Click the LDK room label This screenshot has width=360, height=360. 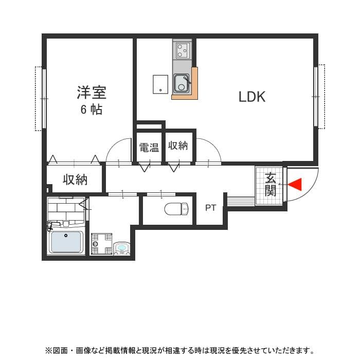252,97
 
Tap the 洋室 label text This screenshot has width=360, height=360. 92,93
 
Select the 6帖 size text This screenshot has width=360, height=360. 91,110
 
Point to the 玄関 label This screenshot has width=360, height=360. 271,185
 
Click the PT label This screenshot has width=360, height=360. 210,208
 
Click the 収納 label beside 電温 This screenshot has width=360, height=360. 178,146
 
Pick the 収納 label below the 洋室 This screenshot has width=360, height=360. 75,180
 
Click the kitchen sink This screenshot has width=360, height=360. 182,83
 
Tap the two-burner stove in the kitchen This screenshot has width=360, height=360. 182,50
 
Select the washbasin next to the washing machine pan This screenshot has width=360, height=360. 122,249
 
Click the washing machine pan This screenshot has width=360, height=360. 101,244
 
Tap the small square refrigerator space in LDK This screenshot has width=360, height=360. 160,84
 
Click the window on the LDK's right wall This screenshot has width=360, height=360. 317,96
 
